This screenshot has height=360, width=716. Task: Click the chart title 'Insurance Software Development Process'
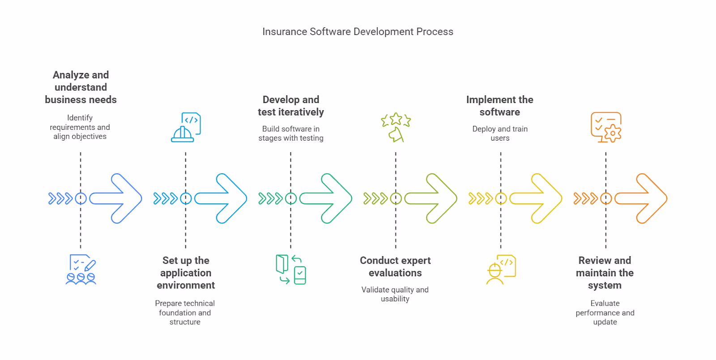point(358,32)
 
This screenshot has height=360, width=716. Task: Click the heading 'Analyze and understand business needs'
point(81,87)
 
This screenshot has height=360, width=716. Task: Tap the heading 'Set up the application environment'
point(186,273)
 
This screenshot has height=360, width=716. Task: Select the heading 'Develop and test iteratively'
point(291,106)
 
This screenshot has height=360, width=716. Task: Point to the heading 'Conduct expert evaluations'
point(395,266)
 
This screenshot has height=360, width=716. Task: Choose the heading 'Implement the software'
point(500,106)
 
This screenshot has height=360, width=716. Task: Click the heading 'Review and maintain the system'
point(605,273)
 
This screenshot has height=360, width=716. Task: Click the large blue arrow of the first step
point(117,198)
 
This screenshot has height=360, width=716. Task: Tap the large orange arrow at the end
point(643,198)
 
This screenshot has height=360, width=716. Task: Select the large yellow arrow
point(537,198)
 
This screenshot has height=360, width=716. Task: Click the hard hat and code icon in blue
point(186,128)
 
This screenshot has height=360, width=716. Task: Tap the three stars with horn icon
point(396,128)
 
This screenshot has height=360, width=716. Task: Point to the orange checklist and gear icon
point(606,128)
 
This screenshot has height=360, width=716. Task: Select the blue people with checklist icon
point(81,270)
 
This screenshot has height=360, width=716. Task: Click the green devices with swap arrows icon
point(291,270)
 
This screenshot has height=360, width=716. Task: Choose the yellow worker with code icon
point(501,270)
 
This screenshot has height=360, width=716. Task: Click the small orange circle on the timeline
point(606,198)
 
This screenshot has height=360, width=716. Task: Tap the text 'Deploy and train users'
point(500,133)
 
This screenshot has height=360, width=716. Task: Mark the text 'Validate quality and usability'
point(395,294)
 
